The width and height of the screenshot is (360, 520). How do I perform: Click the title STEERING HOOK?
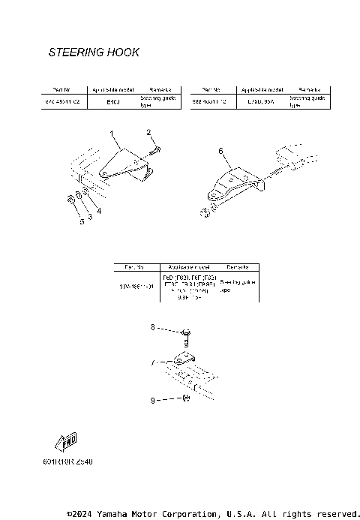(x=94, y=53)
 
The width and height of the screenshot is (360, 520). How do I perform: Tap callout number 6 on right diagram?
(x=220, y=151)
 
